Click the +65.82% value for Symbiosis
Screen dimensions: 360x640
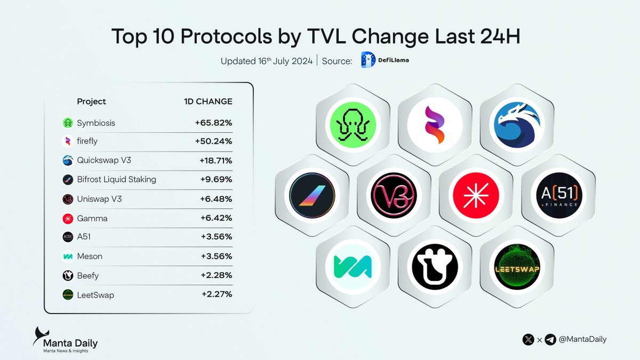point(213,123)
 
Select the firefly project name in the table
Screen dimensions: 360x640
point(88,142)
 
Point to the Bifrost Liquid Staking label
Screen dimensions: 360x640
point(116,180)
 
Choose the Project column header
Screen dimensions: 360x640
point(91,101)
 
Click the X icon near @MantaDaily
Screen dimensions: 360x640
point(529,339)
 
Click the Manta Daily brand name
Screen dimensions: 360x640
point(70,343)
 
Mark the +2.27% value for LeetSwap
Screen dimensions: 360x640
point(217,294)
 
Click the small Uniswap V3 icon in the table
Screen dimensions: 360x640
point(67,199)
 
